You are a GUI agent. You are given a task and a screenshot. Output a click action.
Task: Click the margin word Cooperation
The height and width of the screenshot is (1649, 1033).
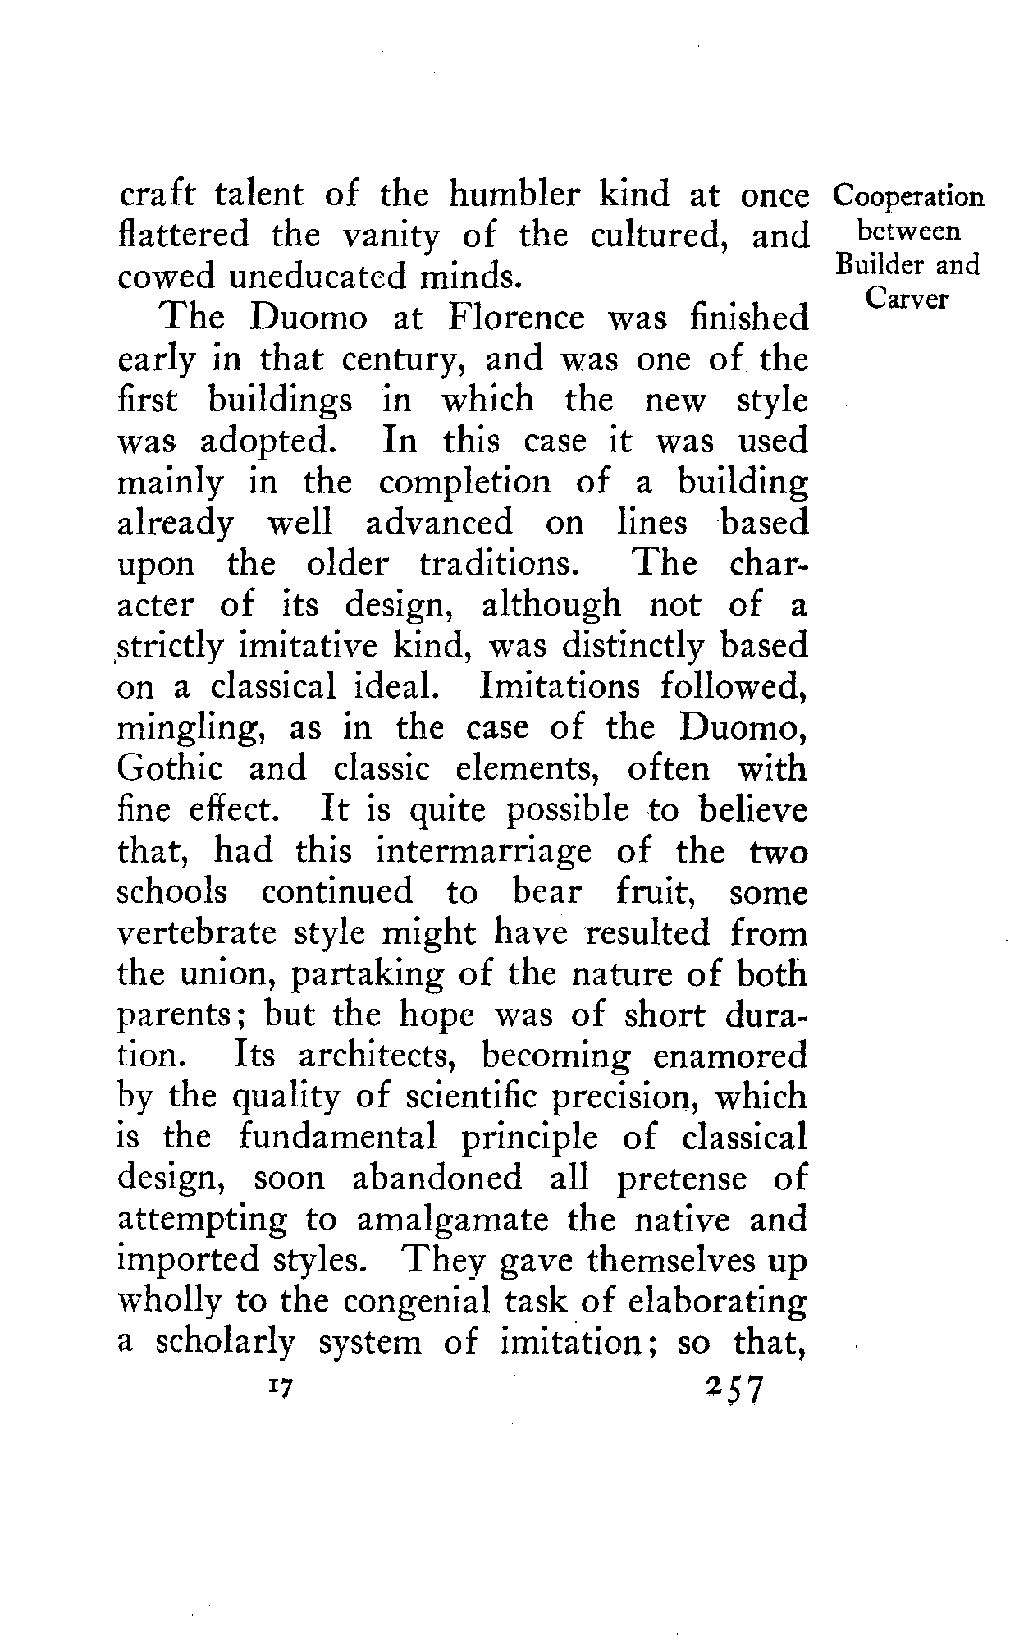pyautogui.click(x=907, y=197)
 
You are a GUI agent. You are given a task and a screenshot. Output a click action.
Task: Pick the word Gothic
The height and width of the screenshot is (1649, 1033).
pyautogui.click(x=170, y=770)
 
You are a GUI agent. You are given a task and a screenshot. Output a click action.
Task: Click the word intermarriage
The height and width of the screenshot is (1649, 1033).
pyautogui.click(x=483, y=851)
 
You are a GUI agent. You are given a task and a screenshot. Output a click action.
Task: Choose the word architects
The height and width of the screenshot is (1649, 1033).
pyautogui.click(x=386, y=1056)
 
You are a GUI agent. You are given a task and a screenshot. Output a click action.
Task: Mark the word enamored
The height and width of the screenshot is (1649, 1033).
pyautogui.click(x=730, y=1056)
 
